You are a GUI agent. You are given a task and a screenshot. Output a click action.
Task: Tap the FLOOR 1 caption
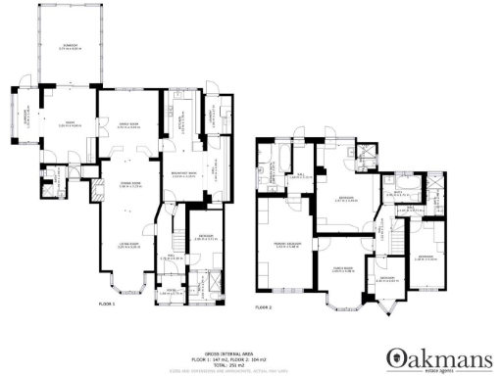107,305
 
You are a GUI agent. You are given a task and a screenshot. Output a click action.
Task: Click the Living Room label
129,247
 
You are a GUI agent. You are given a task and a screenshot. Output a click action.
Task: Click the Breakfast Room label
184,176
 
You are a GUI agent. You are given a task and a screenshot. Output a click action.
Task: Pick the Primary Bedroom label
286,243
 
